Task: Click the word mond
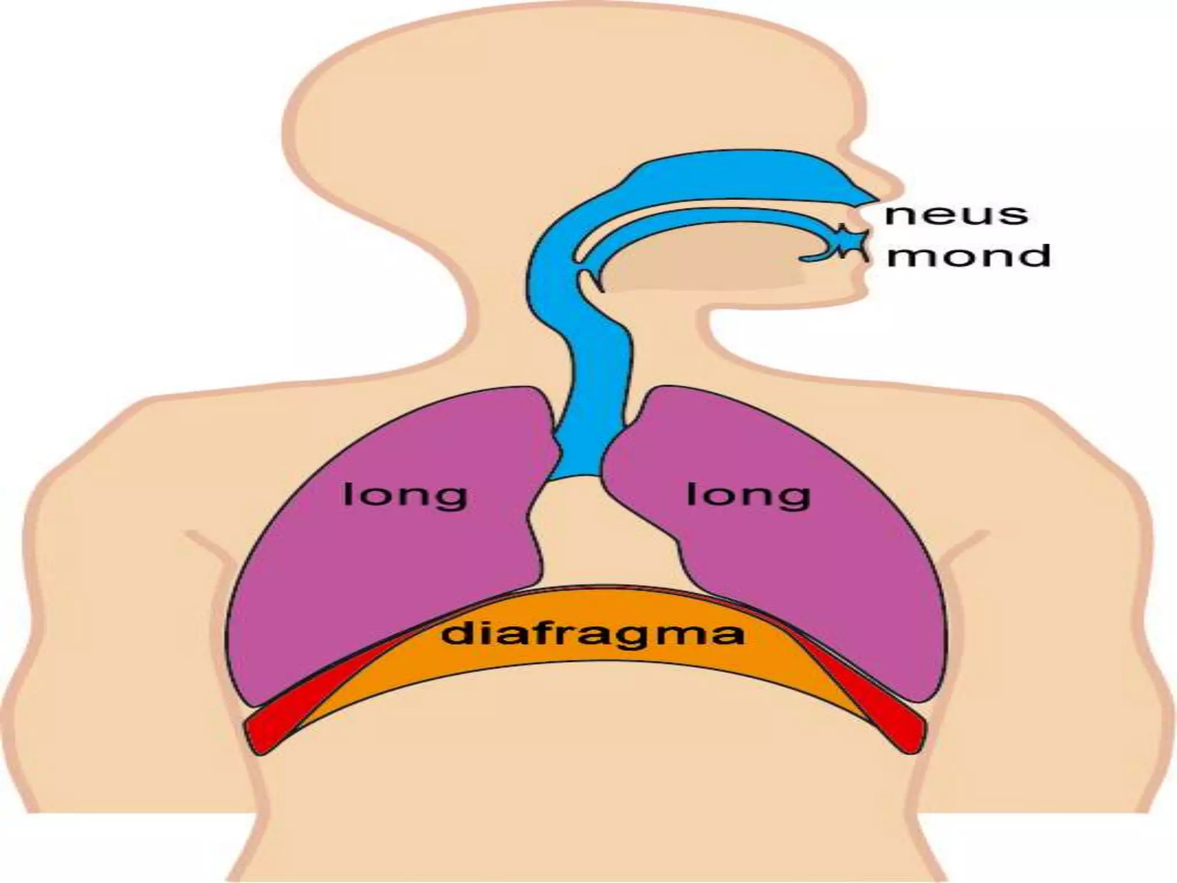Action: (968, 256)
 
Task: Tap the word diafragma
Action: (593, 634)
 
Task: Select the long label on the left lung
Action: (405, 496)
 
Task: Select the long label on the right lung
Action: (748, 496)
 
